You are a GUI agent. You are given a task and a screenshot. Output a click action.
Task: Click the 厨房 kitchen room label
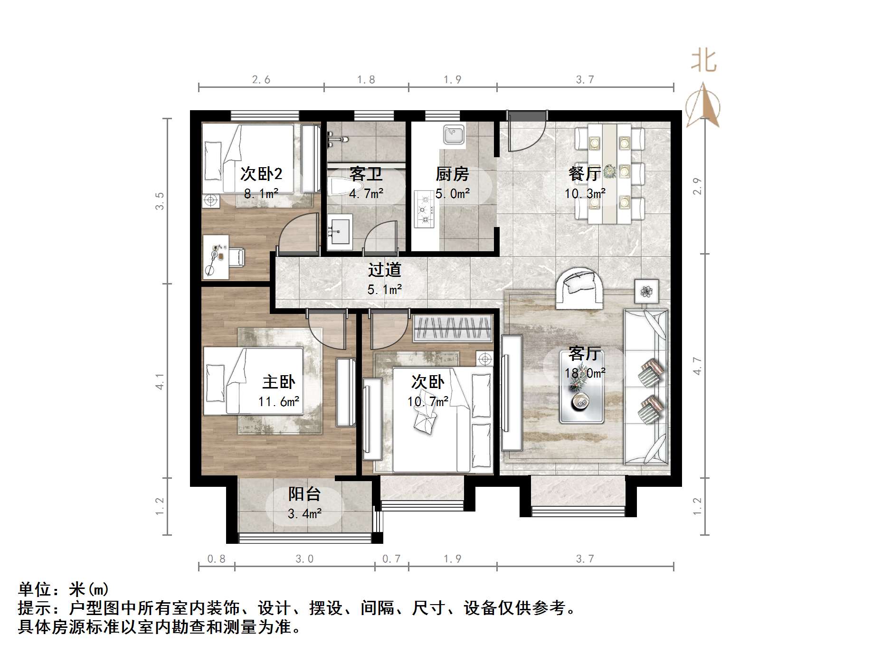point(452,174)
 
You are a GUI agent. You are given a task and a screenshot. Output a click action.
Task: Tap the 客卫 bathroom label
point(366,174)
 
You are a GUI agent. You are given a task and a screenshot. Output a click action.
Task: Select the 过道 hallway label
point(384,270)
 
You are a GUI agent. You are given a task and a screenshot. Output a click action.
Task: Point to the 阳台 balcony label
point(304,494)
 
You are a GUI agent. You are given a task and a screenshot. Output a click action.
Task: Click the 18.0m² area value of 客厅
point(585,373)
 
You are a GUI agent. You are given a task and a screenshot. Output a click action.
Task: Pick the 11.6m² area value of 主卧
point(279,402)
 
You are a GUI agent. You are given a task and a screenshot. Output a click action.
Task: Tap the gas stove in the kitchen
point(424,209)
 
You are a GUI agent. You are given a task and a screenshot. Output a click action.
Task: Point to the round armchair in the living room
point(579,288)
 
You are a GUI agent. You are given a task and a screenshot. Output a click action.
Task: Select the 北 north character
point(703,61)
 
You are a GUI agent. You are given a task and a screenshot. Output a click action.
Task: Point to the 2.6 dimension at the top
point(261,79)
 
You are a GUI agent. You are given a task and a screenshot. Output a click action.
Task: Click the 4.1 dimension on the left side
point(161,381)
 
